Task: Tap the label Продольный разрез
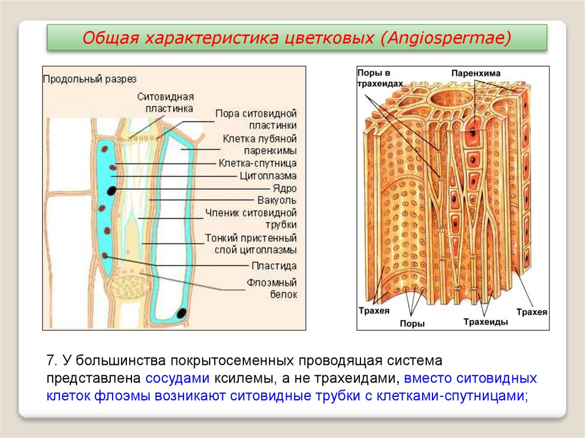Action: (90, 79)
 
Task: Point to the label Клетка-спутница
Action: (257, 163)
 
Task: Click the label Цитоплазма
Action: (268, 176)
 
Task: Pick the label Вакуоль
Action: (277, 200)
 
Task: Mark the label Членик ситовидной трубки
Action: (251, 219)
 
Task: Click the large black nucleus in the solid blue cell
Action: (113, 190)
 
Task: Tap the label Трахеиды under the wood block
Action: (486, 322)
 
